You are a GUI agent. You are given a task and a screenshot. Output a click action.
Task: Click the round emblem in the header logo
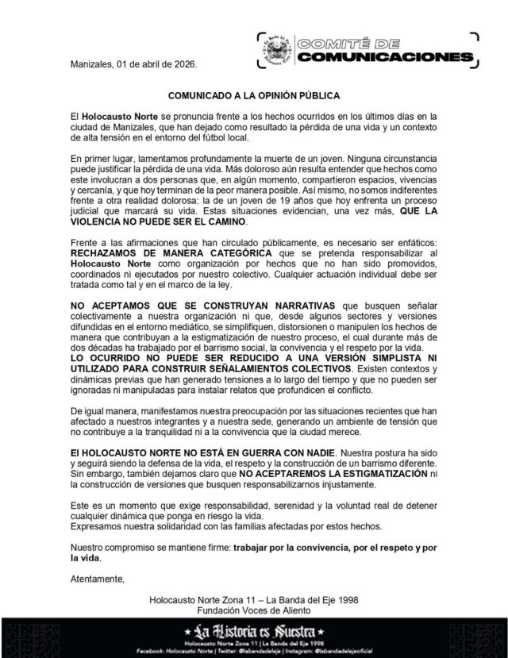point(276,52)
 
